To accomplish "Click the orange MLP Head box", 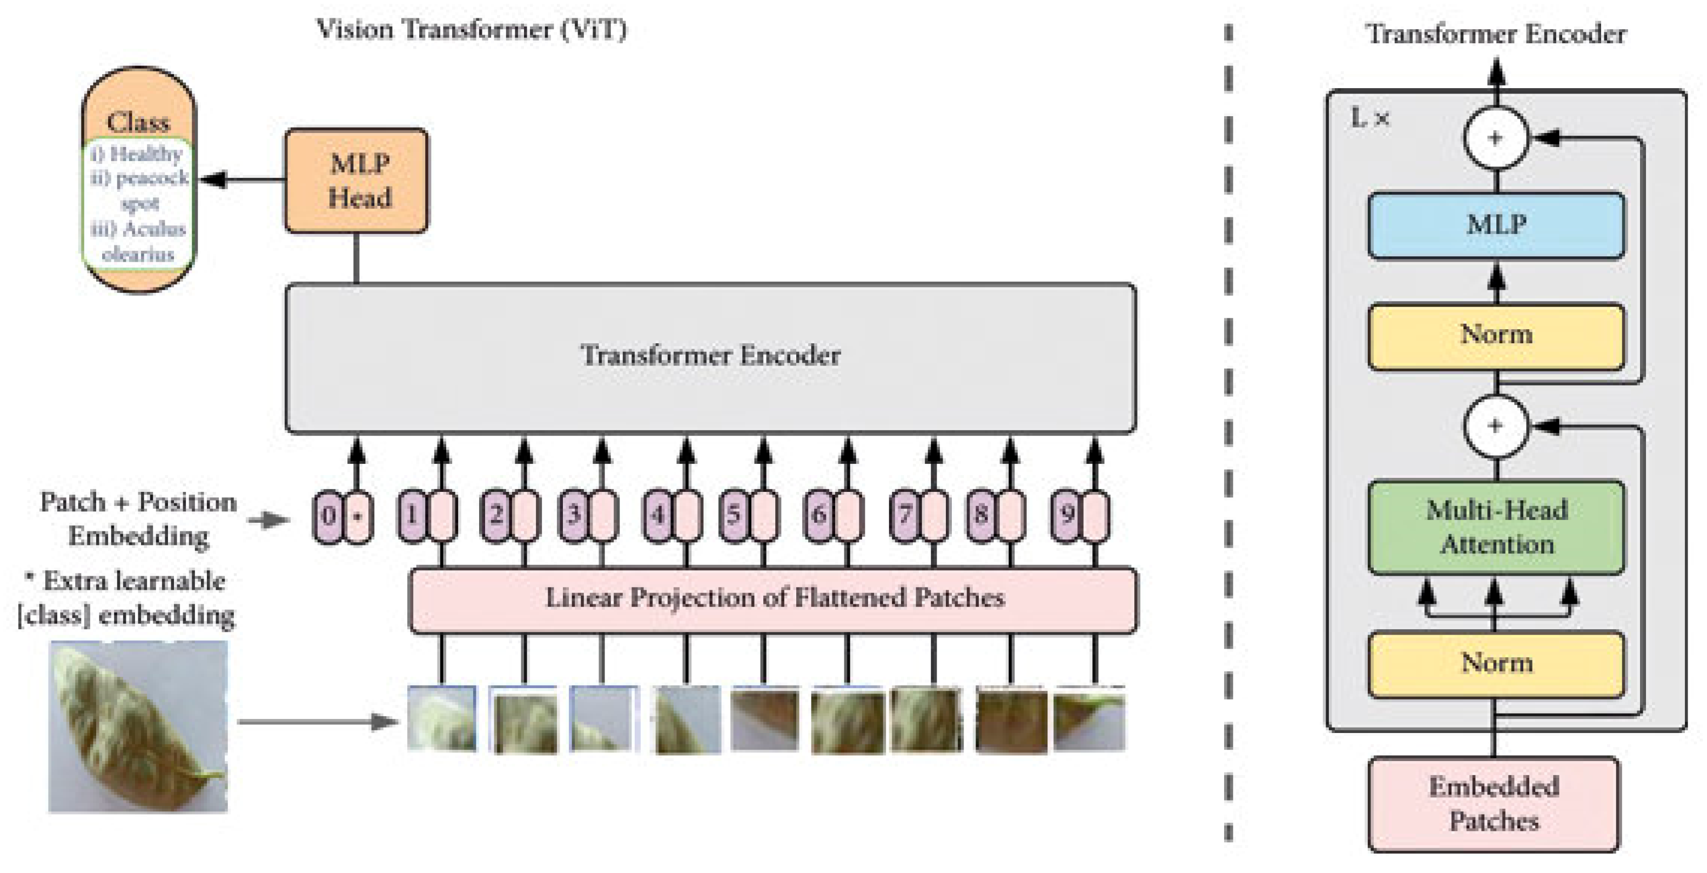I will click(x=356, y=181).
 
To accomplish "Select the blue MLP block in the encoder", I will click(x=1496, y=225).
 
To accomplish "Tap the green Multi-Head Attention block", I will click(x=1496, y=527).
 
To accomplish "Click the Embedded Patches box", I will click(x=1494, y=803).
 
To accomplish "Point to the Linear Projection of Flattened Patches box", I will click(x=774, y=598).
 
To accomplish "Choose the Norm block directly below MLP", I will click(x=1496, y=335).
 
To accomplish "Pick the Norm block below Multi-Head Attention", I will click(x=1496, y=663).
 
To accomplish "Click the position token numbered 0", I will click(x=328, y=516).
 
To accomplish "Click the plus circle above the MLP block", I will click(x=1495, y=138).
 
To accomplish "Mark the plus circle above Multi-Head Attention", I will click(x=1495, y=425).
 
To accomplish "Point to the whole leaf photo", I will click(x=138, y=726).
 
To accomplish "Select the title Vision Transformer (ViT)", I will click(x=471, y=30).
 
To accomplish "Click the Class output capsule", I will click(x=138, y=179).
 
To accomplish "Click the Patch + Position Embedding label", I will click(x=138, y=518).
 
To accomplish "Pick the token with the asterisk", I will click(x=358, y=516).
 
